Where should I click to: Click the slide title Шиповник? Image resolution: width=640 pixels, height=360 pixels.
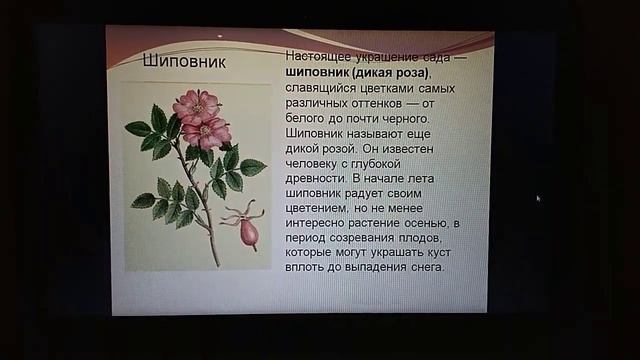184,63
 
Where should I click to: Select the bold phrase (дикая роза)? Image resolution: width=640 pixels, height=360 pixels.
393,73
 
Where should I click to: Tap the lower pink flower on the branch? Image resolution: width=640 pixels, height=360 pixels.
208,131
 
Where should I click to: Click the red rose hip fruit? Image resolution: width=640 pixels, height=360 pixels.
248,232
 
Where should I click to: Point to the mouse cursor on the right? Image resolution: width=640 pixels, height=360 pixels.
538,198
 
